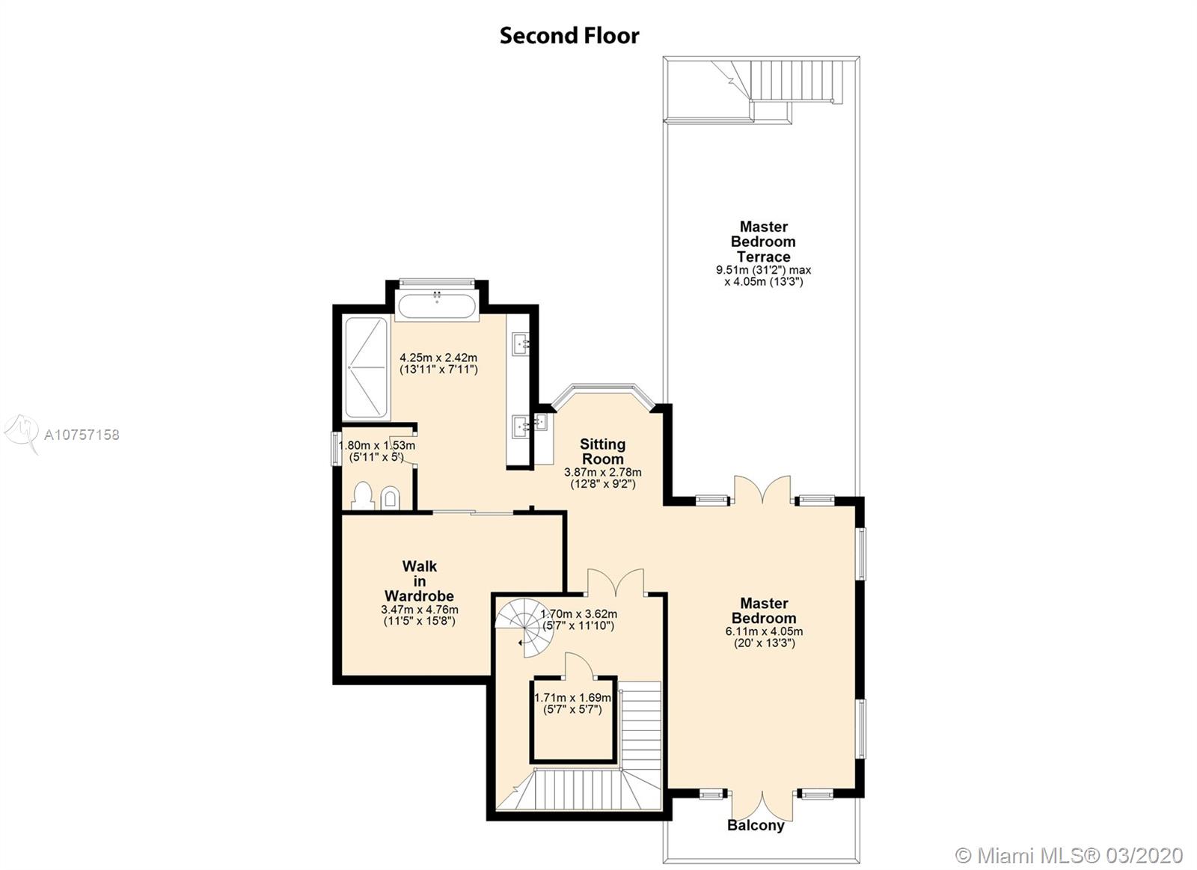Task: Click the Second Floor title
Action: pos(569,36)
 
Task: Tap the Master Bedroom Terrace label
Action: pos(763,242)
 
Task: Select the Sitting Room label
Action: pos(603,452)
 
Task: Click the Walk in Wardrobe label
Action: pos(420,581)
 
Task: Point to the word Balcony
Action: pos(756,826)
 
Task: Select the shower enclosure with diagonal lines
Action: pos(366,367)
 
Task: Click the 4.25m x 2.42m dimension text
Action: pos(438,358)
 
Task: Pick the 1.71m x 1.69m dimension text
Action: pos(573,698)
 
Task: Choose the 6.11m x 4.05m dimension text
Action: pos(764,631)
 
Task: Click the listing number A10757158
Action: pos(82,435)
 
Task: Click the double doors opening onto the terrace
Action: pos(762,490)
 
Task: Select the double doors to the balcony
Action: pos(762,806)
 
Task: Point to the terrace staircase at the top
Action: pos(777,91)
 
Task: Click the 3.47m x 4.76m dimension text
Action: pos(420,610)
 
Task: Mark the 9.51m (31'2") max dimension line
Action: pos(764,270)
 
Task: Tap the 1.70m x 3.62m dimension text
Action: pos(579,614)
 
